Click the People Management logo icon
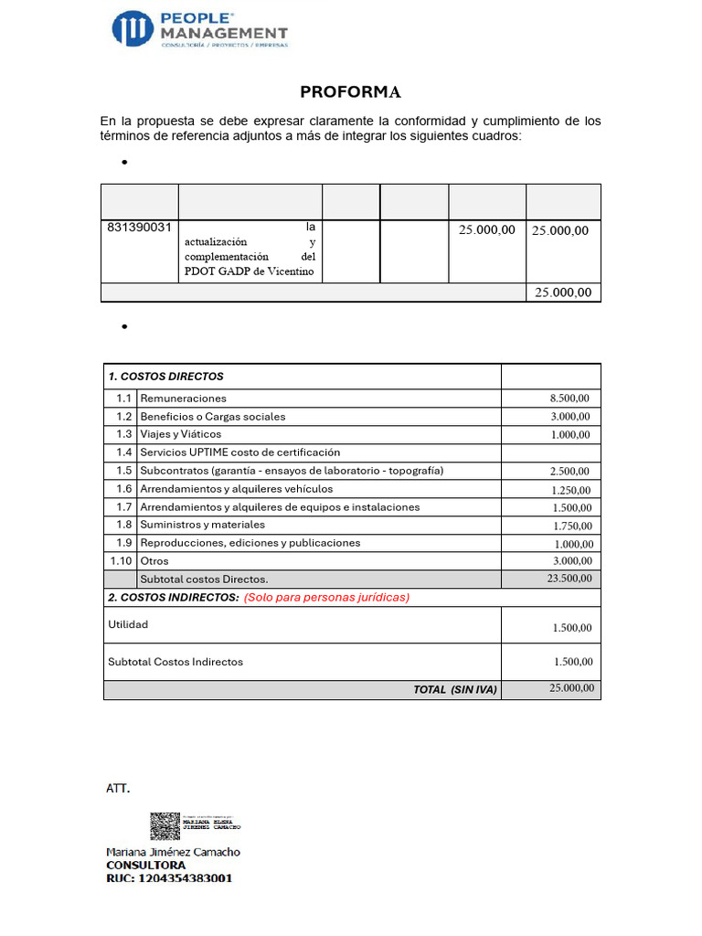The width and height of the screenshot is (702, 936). (133, 28)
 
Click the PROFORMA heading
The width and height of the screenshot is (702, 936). (350, 92)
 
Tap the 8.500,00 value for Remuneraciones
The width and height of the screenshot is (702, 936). (569, 399)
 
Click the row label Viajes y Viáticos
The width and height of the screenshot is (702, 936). (180, 434)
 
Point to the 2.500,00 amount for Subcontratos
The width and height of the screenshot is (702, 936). (569, 471)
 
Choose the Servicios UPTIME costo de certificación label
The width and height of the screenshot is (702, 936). (239, 452)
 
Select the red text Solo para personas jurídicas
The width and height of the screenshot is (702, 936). (326, 597)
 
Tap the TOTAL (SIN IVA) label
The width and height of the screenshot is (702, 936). (454, 689)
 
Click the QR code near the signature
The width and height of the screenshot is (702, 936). (165, 825)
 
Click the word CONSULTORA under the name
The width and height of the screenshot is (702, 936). (146, 865)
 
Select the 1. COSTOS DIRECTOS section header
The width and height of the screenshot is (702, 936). (165, 377)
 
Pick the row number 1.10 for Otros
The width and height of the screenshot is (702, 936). (121, 561)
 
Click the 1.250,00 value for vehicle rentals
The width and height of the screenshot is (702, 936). (571, 489)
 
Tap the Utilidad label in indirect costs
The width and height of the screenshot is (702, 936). (128, 624)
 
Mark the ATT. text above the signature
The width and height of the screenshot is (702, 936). (119, 788)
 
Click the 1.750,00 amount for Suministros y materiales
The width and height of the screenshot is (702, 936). (571, 526)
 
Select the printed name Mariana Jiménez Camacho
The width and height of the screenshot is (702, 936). (174, 851)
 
